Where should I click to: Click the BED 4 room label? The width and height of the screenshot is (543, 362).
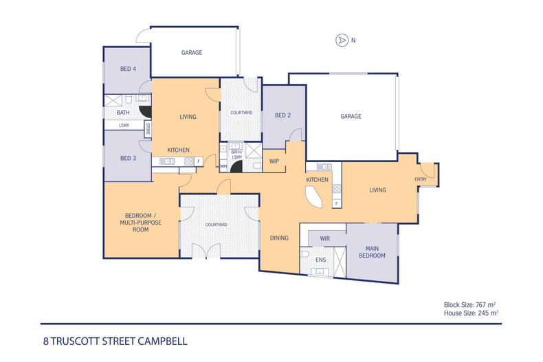point(129,69)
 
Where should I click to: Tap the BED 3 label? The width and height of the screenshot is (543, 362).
point(129,158)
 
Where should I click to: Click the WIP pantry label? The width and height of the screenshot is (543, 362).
point(274,161)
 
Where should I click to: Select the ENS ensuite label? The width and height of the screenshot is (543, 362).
point(320,260)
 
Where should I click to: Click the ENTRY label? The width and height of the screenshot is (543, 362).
point(421,179)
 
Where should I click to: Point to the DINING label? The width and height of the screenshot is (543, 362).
point(279,238)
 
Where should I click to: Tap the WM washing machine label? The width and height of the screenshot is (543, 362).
point(223,166)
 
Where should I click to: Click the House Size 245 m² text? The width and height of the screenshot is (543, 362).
point(471,313)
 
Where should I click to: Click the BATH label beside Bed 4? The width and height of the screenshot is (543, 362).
point(123,113)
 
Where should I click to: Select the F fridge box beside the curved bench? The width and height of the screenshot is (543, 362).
point(336,203)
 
